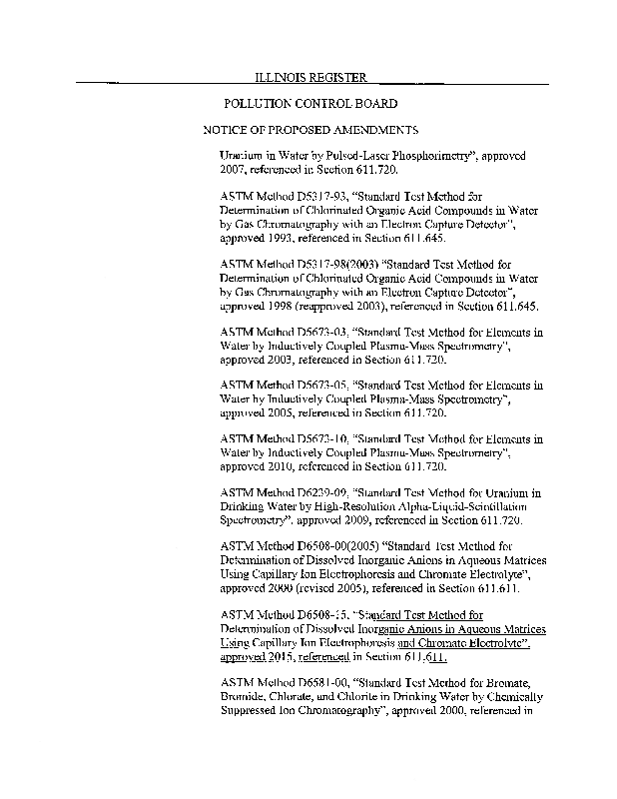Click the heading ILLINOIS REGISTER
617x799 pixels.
coord(310,77)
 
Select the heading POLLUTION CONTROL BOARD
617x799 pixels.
coord(310,104)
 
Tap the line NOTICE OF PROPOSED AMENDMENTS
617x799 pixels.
coord(309,131)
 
